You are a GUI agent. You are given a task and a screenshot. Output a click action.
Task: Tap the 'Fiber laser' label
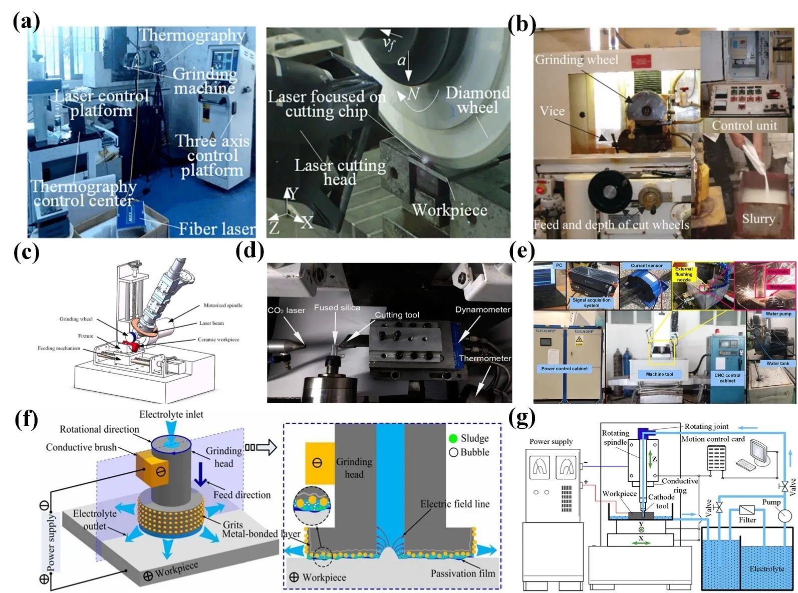[x=217, y=229]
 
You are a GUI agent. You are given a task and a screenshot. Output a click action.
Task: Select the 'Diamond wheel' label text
[x=477, y=100]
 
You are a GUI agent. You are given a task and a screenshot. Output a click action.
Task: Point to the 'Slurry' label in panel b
[x=758, y=218]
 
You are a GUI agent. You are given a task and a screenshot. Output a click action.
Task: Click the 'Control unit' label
[x=744, y=125]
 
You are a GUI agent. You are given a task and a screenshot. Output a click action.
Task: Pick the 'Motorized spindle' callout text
[x=222, y=305]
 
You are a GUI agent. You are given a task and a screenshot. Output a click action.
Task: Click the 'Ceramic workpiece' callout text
[x=218, y=340]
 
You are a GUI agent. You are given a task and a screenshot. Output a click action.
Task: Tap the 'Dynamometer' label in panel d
[x=482, y=310]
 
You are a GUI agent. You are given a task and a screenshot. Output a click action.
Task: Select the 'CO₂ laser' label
[x=286, y=311]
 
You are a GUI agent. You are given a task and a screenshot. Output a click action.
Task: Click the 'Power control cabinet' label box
[x=564, y=369]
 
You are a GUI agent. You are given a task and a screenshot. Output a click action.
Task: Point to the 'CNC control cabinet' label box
[x=727, y=378]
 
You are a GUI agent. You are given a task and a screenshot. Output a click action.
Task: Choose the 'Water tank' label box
[x=777, y=364]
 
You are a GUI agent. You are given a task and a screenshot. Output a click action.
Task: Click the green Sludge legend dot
[x=453, y=438]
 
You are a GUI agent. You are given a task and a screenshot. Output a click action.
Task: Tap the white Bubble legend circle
[x=453, y=452]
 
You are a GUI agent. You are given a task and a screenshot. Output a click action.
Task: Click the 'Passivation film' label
[x=462, y=573]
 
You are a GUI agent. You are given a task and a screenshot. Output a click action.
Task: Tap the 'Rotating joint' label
[x=706, y=426]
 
